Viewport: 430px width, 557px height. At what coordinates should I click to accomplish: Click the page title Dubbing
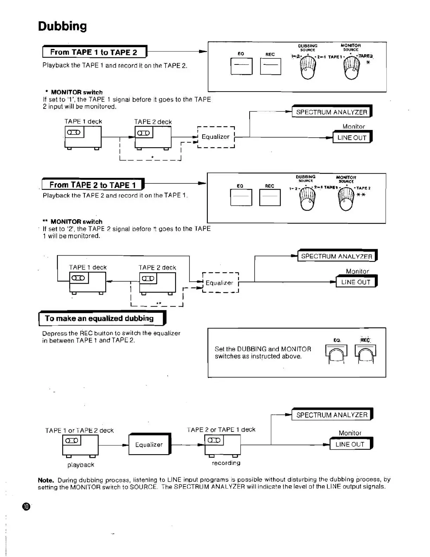(x=62, y=26)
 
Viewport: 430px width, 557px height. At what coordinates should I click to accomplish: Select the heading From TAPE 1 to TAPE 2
(x=94, y=52)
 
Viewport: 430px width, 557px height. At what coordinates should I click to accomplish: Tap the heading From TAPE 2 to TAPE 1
(x=92, y=185)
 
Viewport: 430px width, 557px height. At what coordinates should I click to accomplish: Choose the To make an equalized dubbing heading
(x=100, y=318)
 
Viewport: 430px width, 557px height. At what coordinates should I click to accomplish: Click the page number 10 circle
(x=26, y=507)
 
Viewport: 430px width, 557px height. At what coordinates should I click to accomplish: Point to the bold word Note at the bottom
(x=46, y=480)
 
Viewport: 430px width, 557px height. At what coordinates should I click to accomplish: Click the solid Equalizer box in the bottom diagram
(x=149, y=444)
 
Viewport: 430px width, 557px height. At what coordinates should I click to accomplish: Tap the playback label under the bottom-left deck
(x=81, y=465)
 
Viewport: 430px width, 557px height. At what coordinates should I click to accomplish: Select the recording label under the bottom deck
(x=226, y=463)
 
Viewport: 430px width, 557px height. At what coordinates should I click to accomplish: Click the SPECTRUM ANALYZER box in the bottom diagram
(x=332, y=415)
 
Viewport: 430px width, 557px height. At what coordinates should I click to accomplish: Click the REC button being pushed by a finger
(x=366, y=354)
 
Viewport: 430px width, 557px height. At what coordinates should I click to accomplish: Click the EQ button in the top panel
(x=241, y=66)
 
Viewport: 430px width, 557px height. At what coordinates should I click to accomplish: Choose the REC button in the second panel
(x=270, y=198)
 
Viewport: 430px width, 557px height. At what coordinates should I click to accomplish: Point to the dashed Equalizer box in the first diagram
(x=216, y=137)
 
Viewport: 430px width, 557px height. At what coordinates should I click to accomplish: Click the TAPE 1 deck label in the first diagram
(x=83, y=121)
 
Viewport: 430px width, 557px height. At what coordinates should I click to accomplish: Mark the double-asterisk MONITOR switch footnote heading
(x=72, y=221)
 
